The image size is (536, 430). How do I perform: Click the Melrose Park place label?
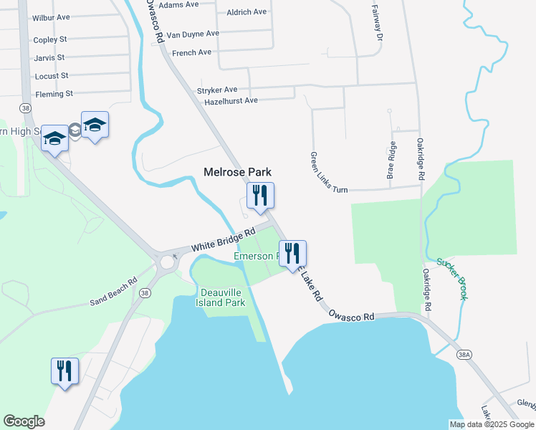(x=237, y=172)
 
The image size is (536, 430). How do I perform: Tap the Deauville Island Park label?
(x=221, y=297)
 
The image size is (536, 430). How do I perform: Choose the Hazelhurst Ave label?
(x=231, y=101)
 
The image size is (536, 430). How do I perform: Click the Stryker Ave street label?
(x=216, y=90)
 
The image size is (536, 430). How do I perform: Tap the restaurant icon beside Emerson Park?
(x=292, y=253)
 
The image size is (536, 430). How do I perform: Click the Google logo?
(x=24, y=421)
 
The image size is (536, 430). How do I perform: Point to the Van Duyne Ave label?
(x=193, y=34)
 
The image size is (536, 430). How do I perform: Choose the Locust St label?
(x=52, y=75)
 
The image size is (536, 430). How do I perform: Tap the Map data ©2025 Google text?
(x=492, y=424)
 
